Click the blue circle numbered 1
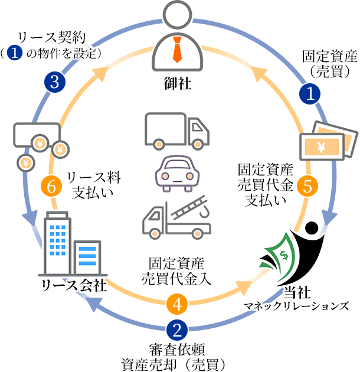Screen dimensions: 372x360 [x=310, y=93]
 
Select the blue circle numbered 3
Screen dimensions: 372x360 [x=54, y=81]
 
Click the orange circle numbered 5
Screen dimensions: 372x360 [x=307, y=185]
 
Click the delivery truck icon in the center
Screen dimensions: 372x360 [x=176, y=131]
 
